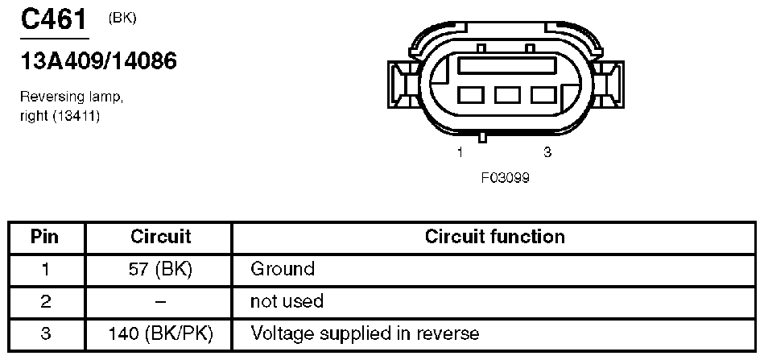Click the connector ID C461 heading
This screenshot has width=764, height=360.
53,20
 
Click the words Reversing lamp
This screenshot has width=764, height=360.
72,97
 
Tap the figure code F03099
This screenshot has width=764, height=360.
505,176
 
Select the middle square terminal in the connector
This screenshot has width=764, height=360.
506,96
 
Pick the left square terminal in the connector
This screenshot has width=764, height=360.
469,96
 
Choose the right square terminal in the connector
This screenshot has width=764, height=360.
543,96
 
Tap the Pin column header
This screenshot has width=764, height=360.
45,237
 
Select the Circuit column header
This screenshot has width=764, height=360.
160,237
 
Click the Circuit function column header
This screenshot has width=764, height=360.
494,237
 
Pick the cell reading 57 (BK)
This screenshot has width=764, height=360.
160,268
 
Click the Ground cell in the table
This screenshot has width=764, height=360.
283,268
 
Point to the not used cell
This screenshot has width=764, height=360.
287,301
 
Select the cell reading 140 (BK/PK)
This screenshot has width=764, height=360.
160,333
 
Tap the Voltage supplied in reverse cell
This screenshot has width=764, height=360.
365,333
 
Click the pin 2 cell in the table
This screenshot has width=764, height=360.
45,301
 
